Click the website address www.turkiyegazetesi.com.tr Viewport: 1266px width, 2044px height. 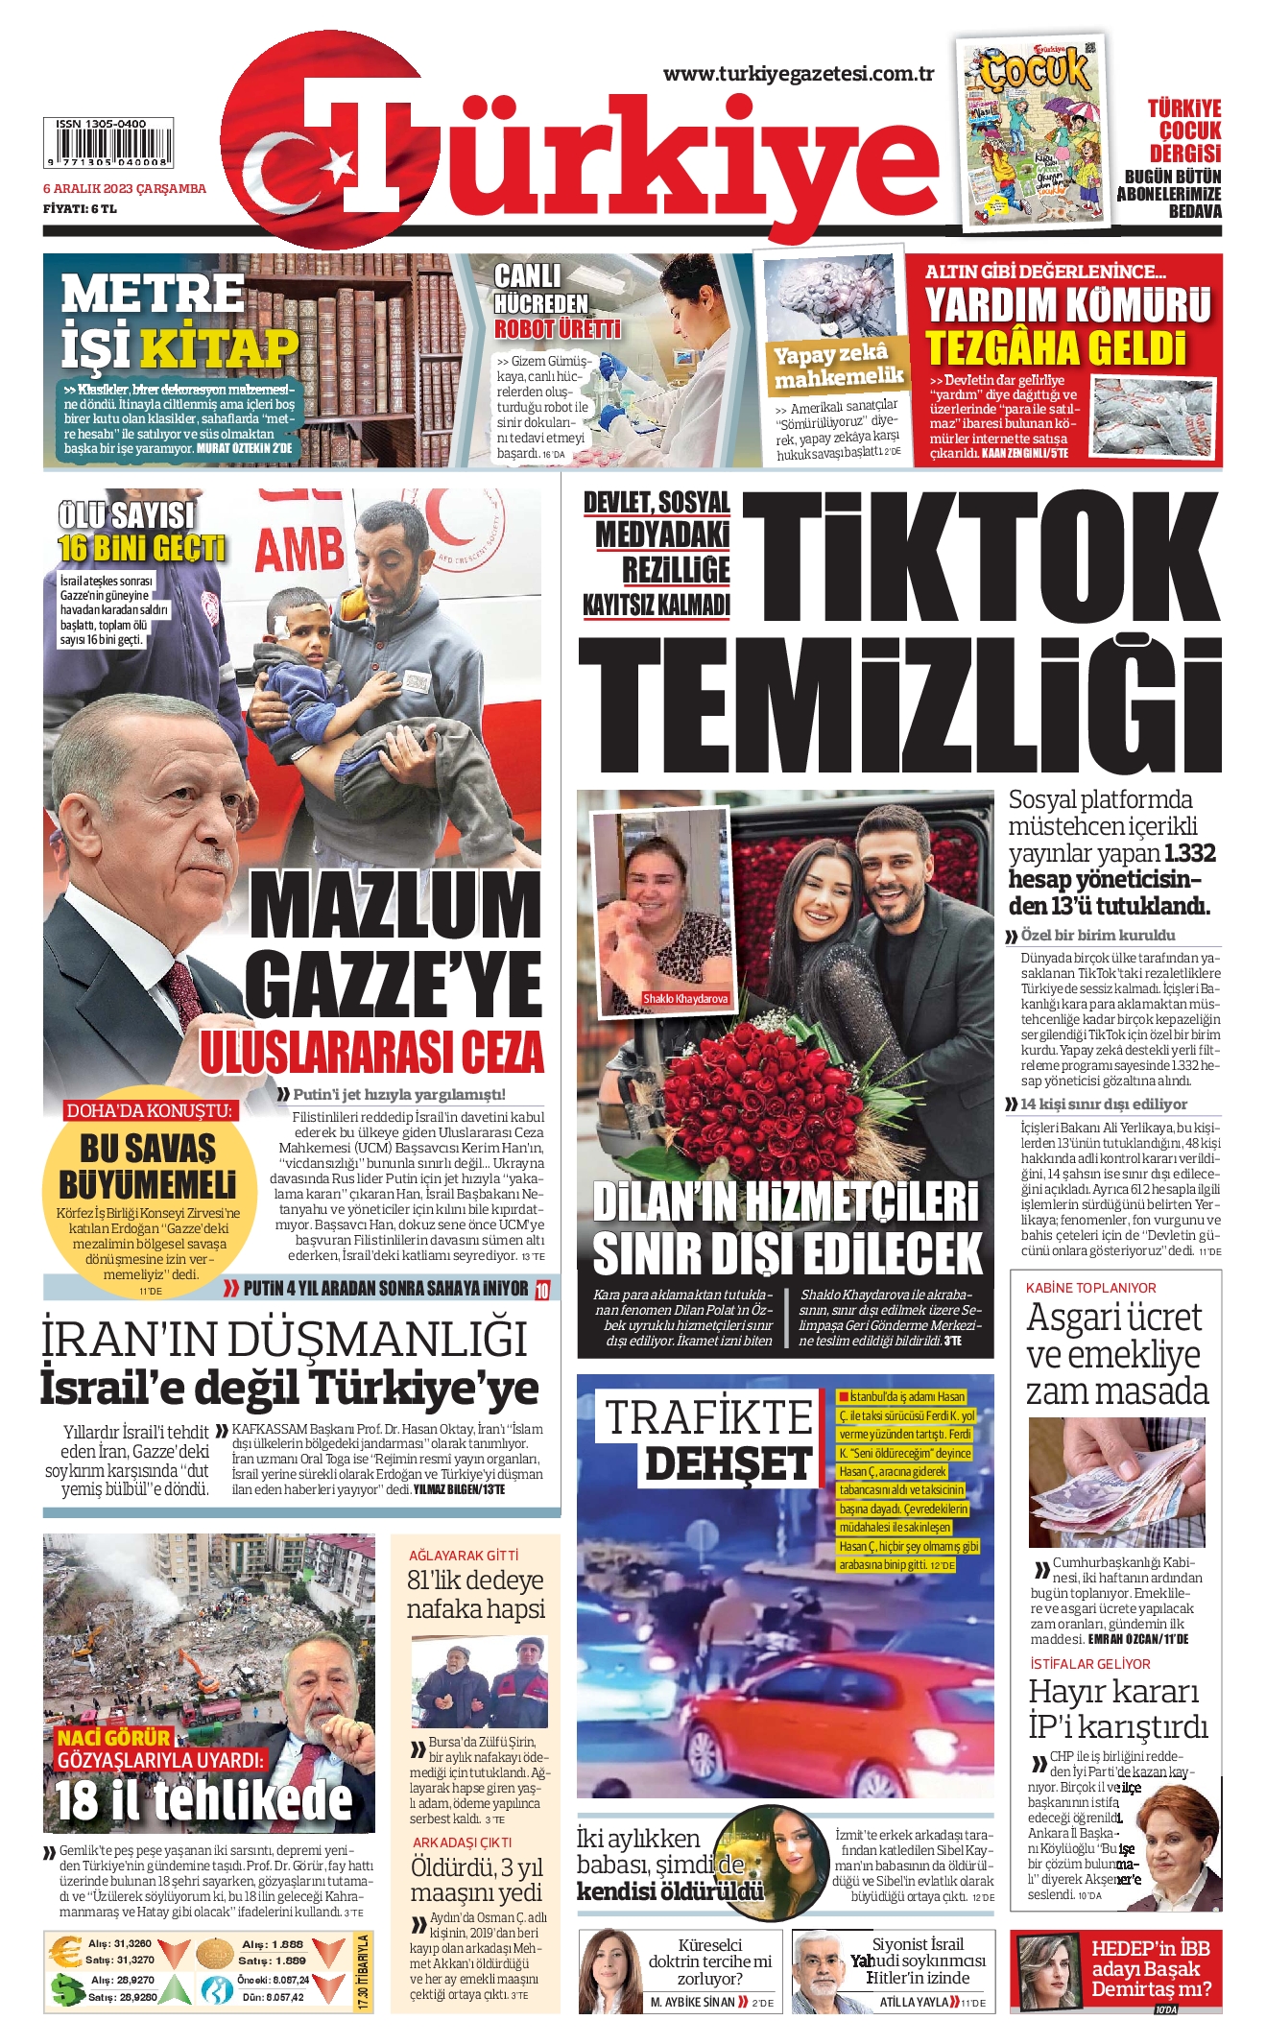point(798,74)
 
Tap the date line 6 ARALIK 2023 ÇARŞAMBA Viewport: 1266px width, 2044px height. point(125,188)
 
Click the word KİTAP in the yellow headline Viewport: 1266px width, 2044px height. point(219,347)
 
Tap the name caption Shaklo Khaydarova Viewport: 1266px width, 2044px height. point(685,999)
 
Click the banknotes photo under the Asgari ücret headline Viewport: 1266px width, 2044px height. point(1116,1482)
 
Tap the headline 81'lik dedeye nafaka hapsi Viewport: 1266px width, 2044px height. point(475,1594)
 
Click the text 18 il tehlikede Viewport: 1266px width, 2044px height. point(203,1799)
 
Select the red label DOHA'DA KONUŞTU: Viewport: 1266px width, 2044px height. point(149,1110)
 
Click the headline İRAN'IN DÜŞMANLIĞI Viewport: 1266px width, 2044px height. point(284,1339)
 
